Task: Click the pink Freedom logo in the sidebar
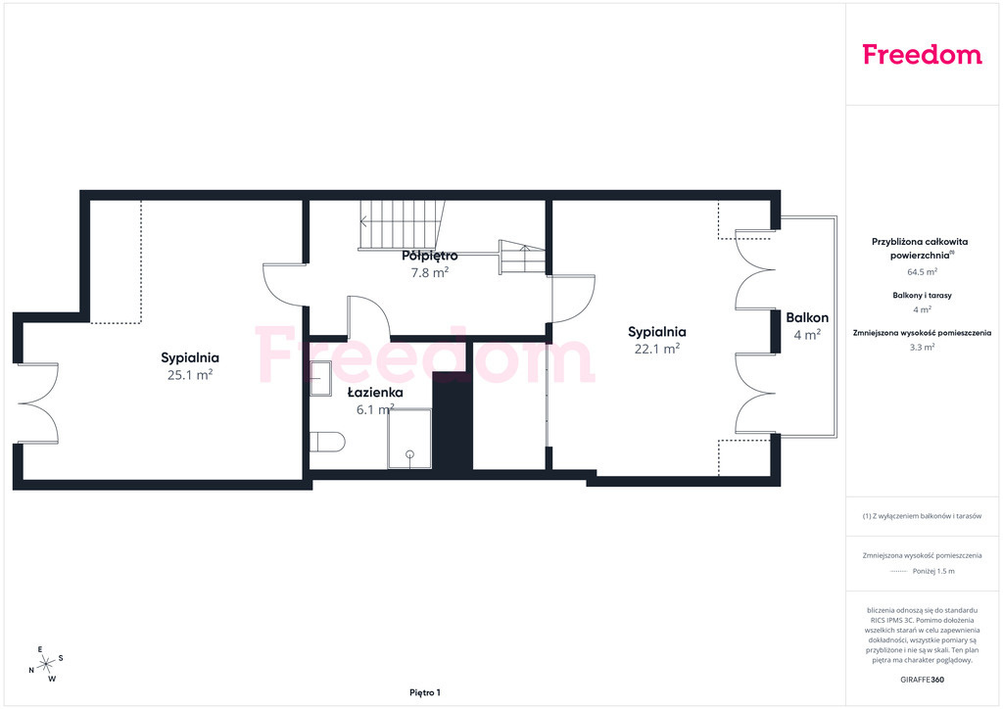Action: point(922,54)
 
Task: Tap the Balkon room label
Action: point(807,317)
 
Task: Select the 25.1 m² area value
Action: point(190,375)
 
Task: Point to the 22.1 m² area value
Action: point(657,349)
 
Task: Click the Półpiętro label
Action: point(430,256)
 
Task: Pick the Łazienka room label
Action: point(375,392)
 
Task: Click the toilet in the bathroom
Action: point(327,442)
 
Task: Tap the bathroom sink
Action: point(320,378)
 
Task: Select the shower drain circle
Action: point(410,454)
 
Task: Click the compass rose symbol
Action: point(46,665)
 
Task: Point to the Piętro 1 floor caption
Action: point(425,692)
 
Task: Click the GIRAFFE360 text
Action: point(922,680)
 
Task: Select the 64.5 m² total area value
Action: point(923,271)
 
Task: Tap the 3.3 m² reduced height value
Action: point(923,347)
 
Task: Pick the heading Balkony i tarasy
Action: point(923,296)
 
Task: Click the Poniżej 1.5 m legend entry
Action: point(933,571)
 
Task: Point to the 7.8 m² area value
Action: point(430,272)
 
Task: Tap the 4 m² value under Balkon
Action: point(807,334)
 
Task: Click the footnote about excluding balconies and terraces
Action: point(922,516)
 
